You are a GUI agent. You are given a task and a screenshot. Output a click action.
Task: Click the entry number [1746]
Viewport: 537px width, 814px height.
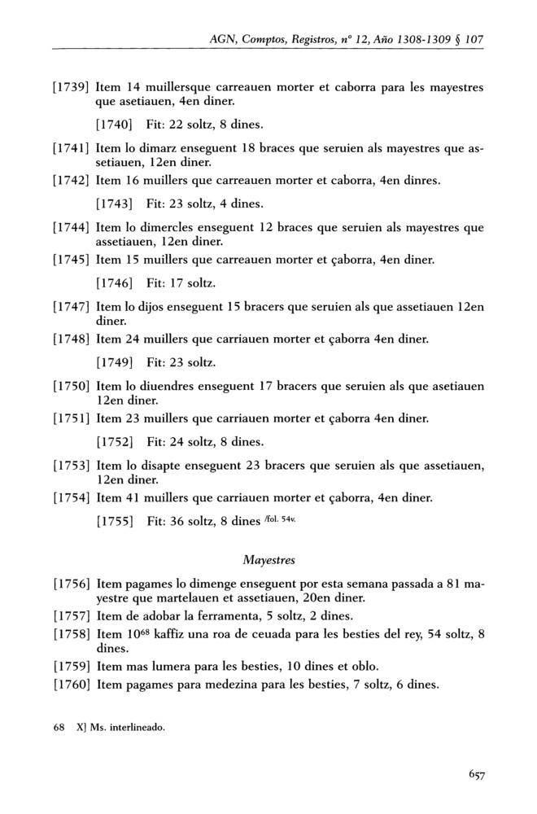click(x=114, y=286)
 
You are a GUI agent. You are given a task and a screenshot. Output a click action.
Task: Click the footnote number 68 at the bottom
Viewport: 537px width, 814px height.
click(x=58, y=727)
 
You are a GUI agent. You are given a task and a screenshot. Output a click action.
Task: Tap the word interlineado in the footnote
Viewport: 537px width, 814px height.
click(x=136, y=727)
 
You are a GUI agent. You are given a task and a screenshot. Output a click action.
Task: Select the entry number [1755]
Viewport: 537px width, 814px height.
click(x=114, y=523)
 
